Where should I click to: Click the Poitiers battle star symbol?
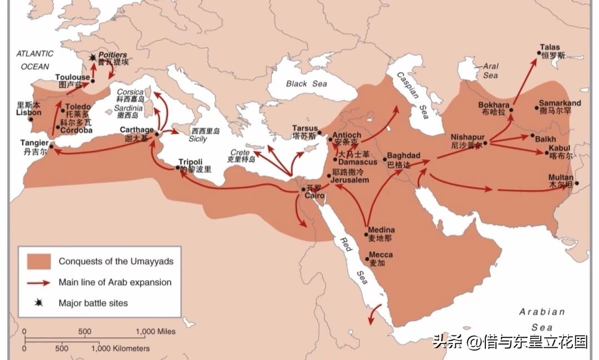coord(92,57)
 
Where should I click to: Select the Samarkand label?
coord(559,104)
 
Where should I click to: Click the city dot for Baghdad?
coord(384,161)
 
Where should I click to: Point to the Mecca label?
coord(380,255)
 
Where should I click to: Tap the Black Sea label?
coord(307,84)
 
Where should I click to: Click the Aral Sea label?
coord(490,70)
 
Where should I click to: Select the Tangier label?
coord(34,143)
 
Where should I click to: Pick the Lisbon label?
coord(28,112)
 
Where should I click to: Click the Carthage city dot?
coord(157,134)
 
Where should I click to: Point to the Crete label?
coord(240,153)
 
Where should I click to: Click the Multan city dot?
coord(577,184)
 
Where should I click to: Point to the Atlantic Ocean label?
coord(34,60)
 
